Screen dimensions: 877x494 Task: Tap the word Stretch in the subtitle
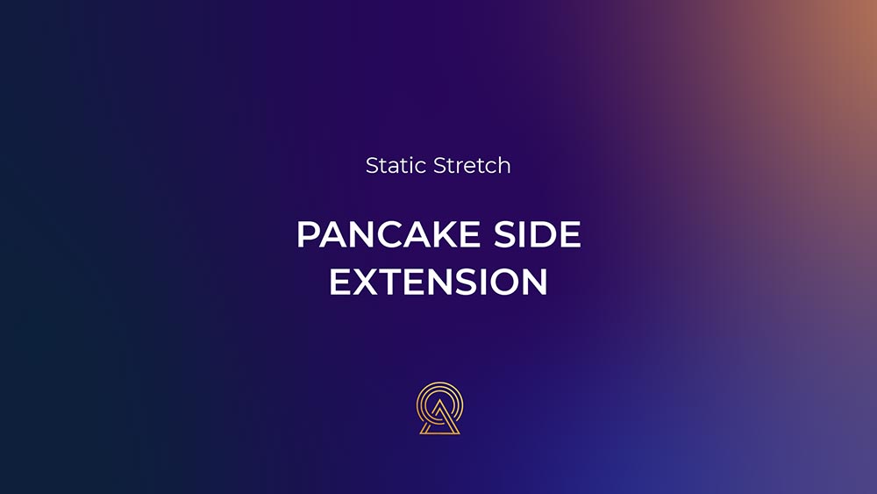coord(472,166)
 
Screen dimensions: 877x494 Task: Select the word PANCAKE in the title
coord(389,234)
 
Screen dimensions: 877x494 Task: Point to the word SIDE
coord(538,234)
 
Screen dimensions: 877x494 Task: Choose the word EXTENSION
coord(438,282)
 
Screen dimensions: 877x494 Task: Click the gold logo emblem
coord(439,408)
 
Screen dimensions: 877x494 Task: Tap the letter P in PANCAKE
coord(308,234)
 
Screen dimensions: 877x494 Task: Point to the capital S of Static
coord(372,166)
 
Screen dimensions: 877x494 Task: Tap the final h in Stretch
coord(504,166)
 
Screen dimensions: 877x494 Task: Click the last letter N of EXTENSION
coord(535,282)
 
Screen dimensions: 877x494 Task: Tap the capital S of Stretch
coord(440,166)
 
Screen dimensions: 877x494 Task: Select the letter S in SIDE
coord(503,234)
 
